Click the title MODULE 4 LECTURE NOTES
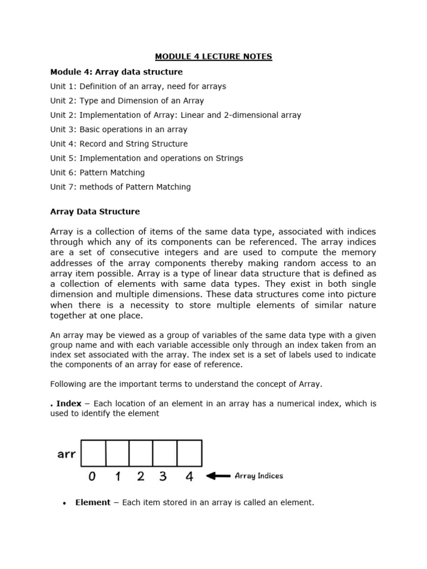pyautogui.click(x=213, y=57)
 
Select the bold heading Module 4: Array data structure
pyautogui.click(x=116, y=72)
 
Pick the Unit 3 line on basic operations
pyautogui.click(x=118, y=129)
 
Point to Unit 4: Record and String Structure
pyautogui.click(x=119, y=144)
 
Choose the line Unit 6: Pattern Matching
pyautogui.click(x=97, y=172)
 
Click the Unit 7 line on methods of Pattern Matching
pyautogui.click(x=120, y=187)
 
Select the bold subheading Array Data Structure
pyautogui.click(x=95, y=212)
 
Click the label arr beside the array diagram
pyautogui.click(x=67, y=454)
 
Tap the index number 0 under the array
pyautogui.click(x=93, y=476)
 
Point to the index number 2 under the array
pyautogui.click(x=141, y=476)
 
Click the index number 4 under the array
pyautogui.click(x=189, y=476)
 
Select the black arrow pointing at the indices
pyautogui.click(x=218, y=476)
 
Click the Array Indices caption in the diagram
pyautogui.click(x=259, y=476)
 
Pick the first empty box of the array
pyautogui.click(x=93, y=453)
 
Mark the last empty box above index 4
pyautogui.click(x=190, y=453)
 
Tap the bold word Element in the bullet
pyautogui.click(x=93, y=502)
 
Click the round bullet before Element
pyautogui.click(x=64, y=503)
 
